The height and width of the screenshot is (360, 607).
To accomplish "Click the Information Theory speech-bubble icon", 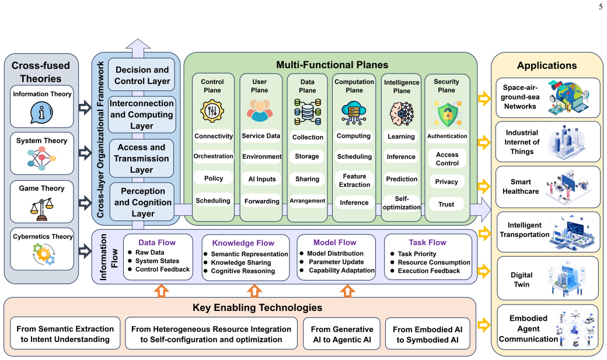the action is point(41,113).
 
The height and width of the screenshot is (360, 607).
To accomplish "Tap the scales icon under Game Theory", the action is point(42,209).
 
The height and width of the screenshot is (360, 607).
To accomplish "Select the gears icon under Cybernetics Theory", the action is point(44,254).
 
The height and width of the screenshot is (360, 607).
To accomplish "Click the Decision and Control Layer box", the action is point(142,75).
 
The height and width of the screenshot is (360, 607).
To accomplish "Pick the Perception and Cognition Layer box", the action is point(142,202).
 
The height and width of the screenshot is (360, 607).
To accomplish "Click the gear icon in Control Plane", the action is point(212,111).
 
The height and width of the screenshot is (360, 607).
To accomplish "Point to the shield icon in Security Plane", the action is point(448,114).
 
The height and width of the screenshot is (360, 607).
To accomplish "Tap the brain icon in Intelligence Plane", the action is point(402,114).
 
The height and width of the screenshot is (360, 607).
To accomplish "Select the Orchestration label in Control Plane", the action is point(213,156).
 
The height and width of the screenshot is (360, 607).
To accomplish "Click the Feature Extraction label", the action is point(354,180).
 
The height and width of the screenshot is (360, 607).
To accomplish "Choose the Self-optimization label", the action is point(402,203).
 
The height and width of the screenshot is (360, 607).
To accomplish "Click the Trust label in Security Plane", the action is point(446,204).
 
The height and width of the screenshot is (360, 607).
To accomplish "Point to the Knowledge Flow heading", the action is point(243,243).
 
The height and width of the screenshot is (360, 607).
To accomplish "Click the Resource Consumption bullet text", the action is point(434,262).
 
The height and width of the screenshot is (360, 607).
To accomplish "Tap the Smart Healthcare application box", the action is point(548,187).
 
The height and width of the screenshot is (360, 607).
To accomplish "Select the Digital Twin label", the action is point(521,279).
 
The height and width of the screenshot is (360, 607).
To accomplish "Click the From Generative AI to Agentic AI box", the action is point(342,334).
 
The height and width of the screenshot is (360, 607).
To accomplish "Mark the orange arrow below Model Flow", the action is point(347,291).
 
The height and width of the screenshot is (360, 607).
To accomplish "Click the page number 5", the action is point(601,7).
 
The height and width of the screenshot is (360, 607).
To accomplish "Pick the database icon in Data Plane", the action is point(308,111).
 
